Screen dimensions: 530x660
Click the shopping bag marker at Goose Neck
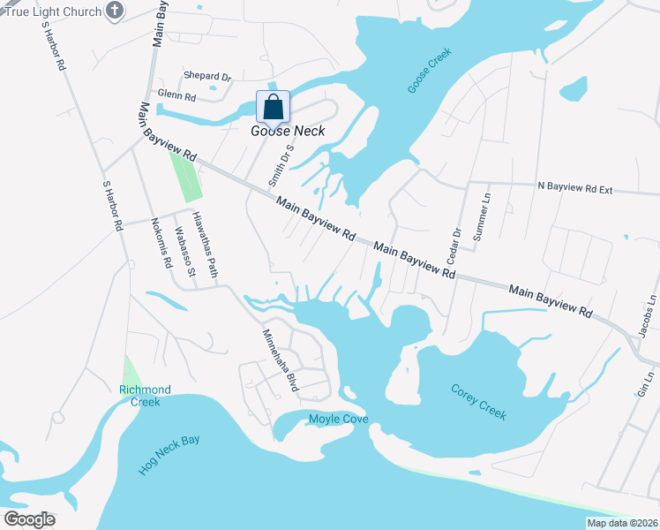274,107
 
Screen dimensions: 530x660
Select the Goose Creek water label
430,72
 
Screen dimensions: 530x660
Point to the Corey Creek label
478,401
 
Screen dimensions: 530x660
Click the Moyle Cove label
338,419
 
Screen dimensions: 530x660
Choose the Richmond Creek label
145,396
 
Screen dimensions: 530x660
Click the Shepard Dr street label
207,77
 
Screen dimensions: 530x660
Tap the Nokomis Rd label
160,242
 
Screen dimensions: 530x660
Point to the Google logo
30,519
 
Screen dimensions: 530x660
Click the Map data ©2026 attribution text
622,523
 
